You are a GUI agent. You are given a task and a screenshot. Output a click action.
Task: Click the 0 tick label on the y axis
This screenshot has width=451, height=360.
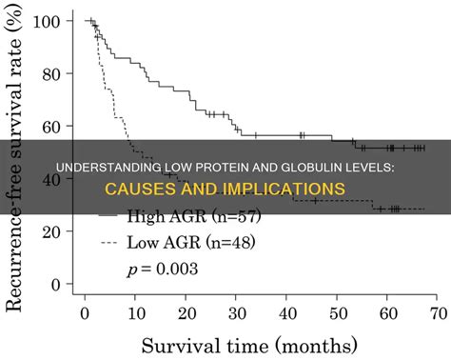pyautogui.click(x=58, y=284)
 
